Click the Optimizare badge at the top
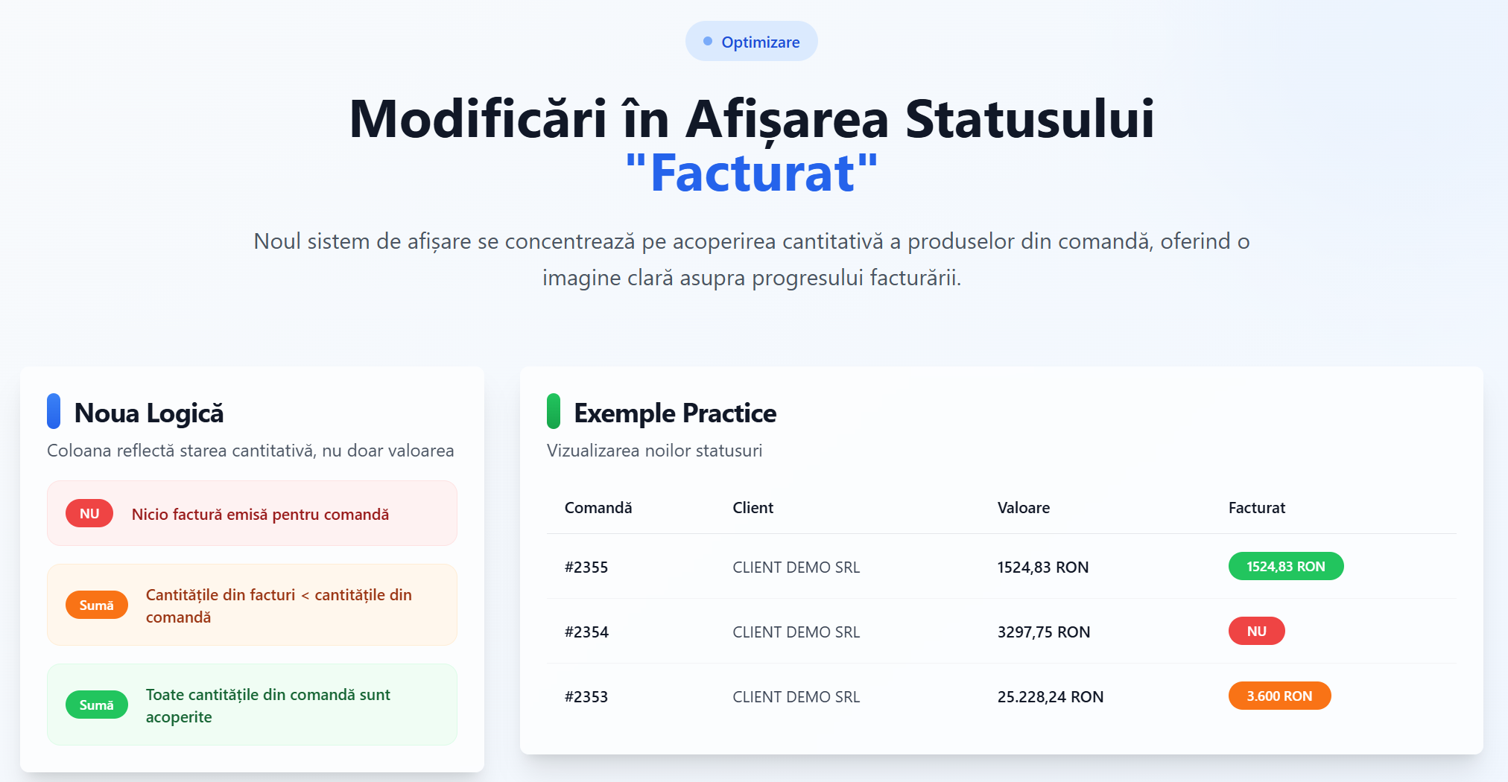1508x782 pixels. [751, 42]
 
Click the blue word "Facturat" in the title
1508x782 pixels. [752, 174]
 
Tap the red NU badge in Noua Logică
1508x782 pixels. [89, 514]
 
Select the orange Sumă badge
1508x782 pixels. [97, 605]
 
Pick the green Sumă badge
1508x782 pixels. [97, 705]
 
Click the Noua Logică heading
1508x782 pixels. [149, 413]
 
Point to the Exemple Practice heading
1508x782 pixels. [675, 413]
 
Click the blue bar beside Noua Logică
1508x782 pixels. [54, 411]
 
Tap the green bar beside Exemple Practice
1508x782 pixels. [554, 411]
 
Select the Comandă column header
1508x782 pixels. [598, 508]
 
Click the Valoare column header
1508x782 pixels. [1024, 508]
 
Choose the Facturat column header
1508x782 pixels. [1257, 508]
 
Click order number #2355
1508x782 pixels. [586, 568]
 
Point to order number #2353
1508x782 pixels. [586, 697]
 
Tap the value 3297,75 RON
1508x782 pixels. [1044, 632]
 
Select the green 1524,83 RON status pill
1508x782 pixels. [1286, 567]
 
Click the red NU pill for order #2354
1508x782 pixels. [1257, 632]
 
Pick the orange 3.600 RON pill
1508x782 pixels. [1279, 696]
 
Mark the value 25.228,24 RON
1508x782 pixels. [1051, 697]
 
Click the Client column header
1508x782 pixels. [753, 508]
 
